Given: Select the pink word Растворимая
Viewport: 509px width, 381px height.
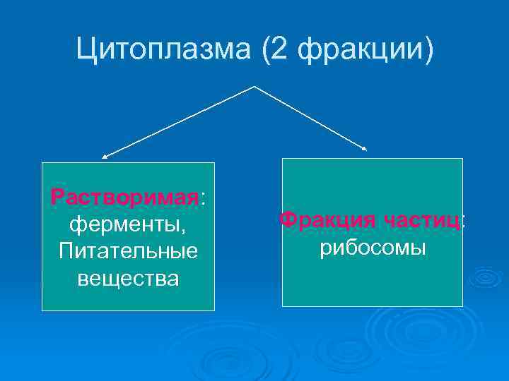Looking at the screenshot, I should (125, 197).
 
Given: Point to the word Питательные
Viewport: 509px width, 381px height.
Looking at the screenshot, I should (128, 251).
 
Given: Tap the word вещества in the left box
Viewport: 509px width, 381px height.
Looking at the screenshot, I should (128, 278).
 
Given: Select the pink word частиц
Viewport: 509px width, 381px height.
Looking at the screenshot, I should (423, 219).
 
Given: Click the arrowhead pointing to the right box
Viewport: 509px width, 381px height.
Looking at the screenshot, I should (365, 149).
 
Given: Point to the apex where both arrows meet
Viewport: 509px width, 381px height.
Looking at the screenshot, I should (254, 87).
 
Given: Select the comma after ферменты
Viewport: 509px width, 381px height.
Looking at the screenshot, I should (184, 230).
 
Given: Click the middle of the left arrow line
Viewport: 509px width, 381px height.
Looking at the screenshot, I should (178, 121).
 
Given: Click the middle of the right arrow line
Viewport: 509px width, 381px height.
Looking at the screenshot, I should (310, 118).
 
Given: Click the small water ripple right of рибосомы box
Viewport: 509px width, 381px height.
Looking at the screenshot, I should (486, 277).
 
